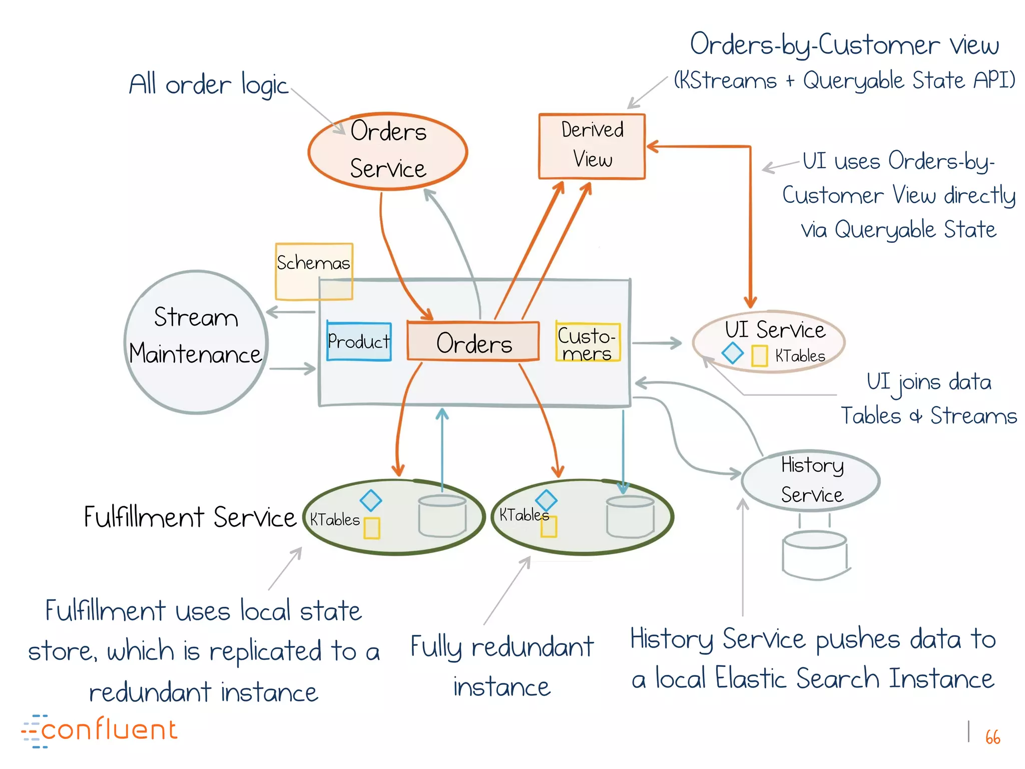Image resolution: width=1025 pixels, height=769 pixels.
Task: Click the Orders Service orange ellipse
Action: coord(388,151)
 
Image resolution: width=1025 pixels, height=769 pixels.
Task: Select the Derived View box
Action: coord(592,146)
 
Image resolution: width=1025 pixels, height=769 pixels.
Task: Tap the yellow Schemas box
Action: coord(313,270)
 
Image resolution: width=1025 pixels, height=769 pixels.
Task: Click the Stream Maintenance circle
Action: coord(196,342)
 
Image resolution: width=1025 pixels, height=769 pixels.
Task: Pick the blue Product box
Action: coord(359,341)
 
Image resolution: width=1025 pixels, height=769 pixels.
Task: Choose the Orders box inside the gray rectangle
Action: coord(473,342)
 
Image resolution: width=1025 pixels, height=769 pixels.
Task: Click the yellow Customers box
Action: coord(588,342)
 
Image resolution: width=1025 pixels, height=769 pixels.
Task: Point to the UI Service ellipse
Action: coord(769,341)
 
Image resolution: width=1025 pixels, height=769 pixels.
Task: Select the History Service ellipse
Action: coord(811,481)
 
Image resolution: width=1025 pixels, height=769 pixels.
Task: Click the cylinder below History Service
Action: coord(814,556)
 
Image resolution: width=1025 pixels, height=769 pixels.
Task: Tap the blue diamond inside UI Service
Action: coord(733,353)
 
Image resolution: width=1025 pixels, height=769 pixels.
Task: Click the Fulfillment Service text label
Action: coord(190,517)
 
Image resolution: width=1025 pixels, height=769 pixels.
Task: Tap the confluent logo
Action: coord(100,730)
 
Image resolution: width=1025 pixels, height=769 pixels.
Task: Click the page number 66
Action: coord(992,737)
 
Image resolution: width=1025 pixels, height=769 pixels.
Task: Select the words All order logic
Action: coord(209,85)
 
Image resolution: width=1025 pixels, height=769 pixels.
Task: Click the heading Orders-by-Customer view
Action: coord(844,45)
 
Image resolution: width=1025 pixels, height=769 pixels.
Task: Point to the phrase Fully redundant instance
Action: coord(502,666)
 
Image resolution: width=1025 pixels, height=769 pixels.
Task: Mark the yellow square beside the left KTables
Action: coord(371,528)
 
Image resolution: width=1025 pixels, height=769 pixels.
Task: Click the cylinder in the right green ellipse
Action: coord(630,517)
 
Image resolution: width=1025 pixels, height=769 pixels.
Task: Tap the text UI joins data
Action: coord(929,382)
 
